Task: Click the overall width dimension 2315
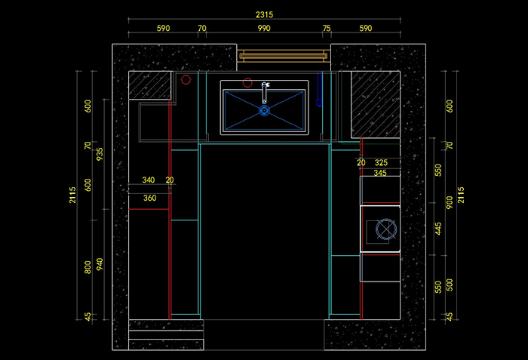pyautogui.click(x=264, y=15)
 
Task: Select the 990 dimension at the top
pyautogui.click(x=263, y=29)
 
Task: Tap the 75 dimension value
pyautogui.click(x=327, y=29)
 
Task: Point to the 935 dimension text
pyautogui.click(x=100, y=154)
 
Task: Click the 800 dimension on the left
pyautogui.click(x=87, y=266)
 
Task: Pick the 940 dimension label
pyautogui.click(x=100, y=264)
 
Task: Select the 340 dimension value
pyautogui.click(x=149, y=180)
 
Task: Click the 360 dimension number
pyautogui.click(x=149, y=198)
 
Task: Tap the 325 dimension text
pyautogui.click(x=381, y=162)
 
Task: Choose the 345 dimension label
pyautogui.click(x=380, y=174)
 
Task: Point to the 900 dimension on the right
pyautogui.click(x=450, y=202)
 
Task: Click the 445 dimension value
pyautogui.click(x=438, y=229)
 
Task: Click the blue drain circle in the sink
pyautogui.click(x=264, y=111)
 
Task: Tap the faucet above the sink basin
pyautogui.click(x=265, y=91)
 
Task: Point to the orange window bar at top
pyautogui.click(x=284, y=55)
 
